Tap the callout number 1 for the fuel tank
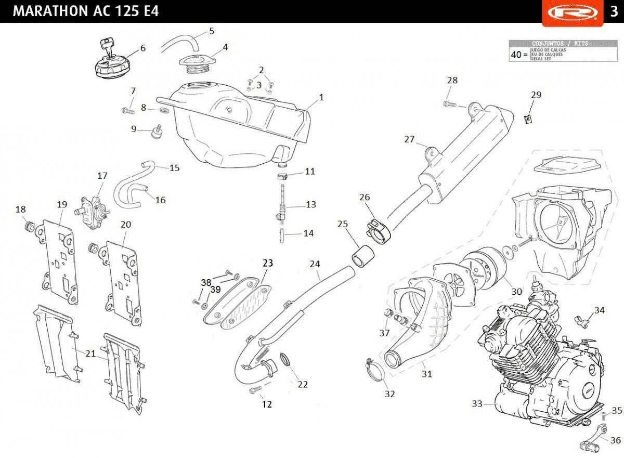tap(321, 97)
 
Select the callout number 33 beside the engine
tap(477, 403)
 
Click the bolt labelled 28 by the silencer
tap(450, 104)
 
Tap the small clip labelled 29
tap(528, 119)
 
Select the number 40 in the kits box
tap(516, 54)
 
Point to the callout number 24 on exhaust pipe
tap(315, 264)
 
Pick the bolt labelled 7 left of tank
tap(127, 110)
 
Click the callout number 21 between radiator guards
tap(90, 354)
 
